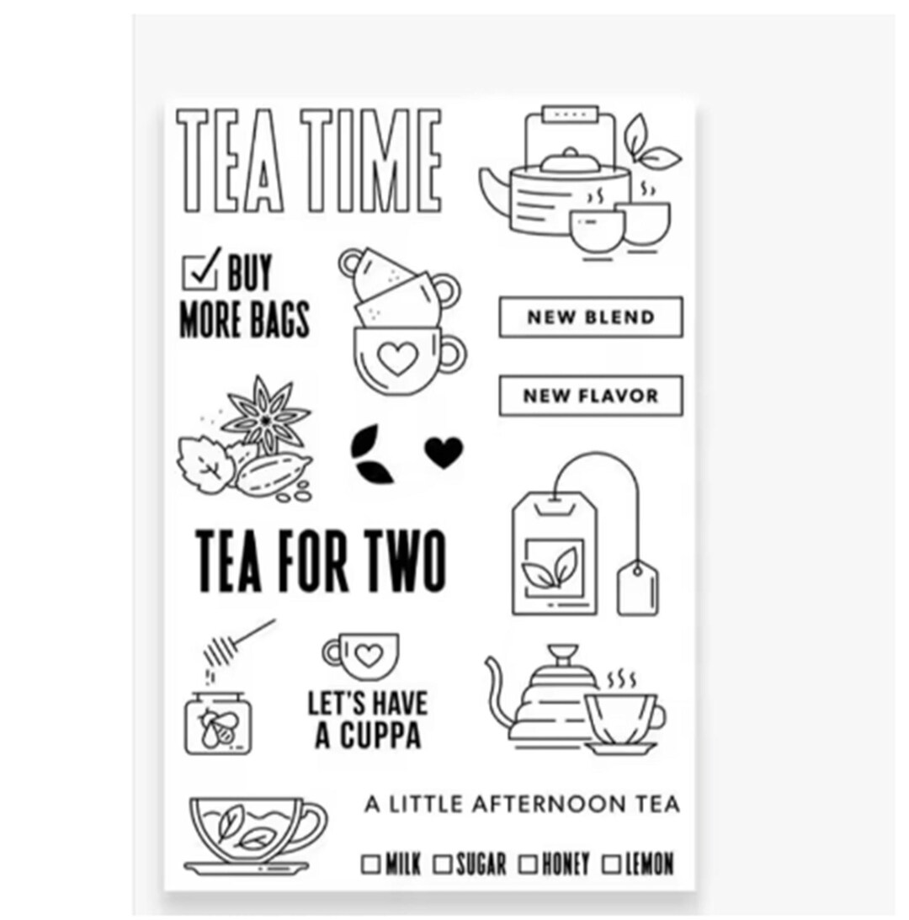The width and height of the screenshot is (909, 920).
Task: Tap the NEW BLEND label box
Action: tap(591, 317)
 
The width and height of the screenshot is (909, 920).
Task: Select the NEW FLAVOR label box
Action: tap(591, 396)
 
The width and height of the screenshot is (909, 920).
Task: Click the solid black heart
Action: tap(444, 451)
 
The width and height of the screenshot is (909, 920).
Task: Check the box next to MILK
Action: tap(370, 864)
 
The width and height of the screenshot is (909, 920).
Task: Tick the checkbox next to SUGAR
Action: tap(444, 864)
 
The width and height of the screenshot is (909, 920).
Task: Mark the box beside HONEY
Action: tap(528, 864)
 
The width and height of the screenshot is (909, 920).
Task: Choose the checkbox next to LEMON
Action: tap(611, 864)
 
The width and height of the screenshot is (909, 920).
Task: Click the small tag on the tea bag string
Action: tap(637, 586)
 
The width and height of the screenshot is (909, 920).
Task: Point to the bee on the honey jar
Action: tap(215, 726)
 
